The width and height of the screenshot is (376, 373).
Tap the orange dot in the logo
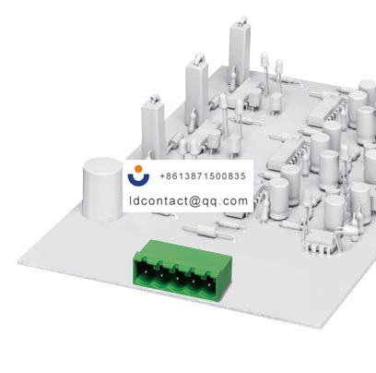tap(139, 169)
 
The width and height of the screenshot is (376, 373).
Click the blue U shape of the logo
tap(139, 180)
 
